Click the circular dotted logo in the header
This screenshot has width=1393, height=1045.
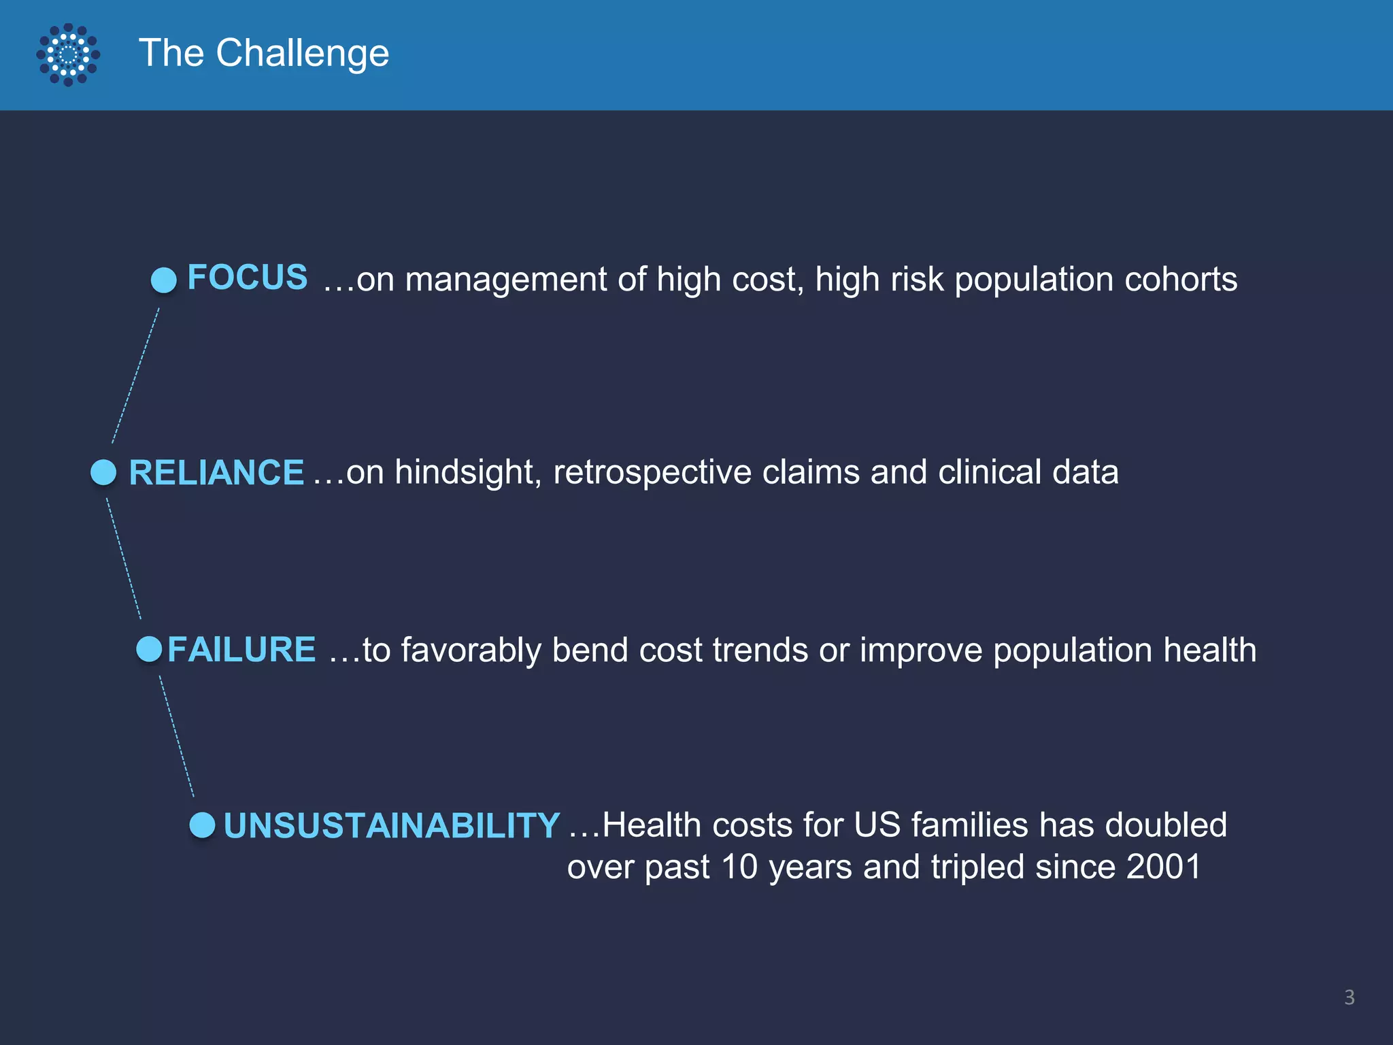[68, 54]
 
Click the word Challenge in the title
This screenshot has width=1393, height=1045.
[302, 53]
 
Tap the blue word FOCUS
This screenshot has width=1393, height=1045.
[247, 278]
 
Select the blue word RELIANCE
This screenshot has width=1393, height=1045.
[216, 472]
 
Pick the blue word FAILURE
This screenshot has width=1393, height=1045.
[241, 649]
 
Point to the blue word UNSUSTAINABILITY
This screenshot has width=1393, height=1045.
[391, 825]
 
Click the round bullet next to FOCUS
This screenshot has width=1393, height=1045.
[163, 280]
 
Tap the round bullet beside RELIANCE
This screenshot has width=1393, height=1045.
[104, 472]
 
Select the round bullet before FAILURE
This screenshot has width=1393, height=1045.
[149, 649]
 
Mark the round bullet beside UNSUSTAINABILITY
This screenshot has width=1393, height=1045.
[202, 825]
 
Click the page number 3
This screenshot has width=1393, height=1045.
[1349, 997]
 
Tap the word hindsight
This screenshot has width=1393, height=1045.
[468, 472]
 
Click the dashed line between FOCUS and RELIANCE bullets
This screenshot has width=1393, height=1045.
[135, 376]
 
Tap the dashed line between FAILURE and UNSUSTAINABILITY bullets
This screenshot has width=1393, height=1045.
[177, 736]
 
